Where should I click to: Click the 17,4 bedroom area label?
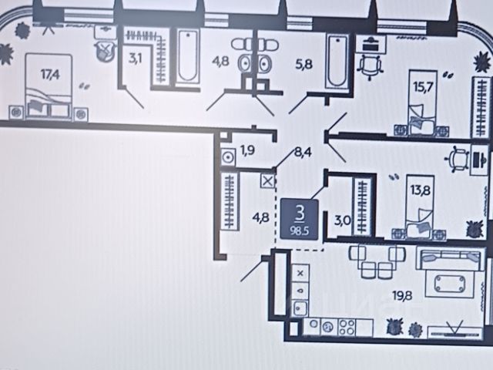pos(50,76)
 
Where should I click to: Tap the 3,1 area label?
pos(135,57)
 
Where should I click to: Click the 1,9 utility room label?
pos(248,150)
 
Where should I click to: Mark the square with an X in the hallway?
pos(268,182)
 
